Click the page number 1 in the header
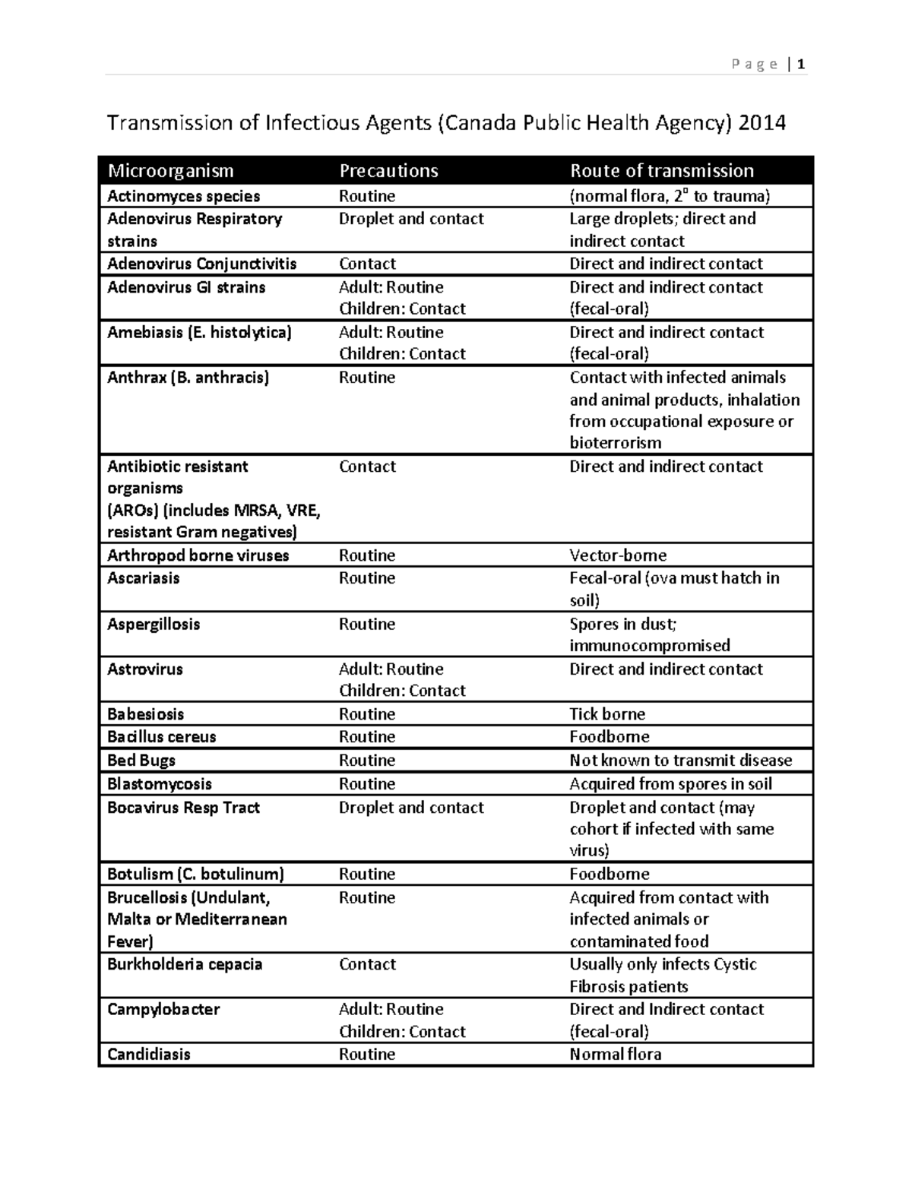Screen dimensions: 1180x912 (801, 65)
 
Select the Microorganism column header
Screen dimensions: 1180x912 (170, 170)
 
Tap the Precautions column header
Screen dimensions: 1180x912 (388, 170)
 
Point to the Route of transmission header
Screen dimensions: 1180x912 (661, 170)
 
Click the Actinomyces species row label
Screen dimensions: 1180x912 (183, 196)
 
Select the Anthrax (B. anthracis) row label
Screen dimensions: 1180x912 (188, 378)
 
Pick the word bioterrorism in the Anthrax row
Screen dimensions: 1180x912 (615, 443)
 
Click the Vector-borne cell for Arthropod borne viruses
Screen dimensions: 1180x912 (618, 555)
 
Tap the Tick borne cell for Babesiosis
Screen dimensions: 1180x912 (606, 714)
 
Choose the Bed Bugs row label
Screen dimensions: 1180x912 (141, 761)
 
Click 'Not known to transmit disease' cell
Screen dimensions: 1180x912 (680, 761)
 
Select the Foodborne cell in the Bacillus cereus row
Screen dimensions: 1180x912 (609, 737)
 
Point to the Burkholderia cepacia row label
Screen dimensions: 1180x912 (185, 964)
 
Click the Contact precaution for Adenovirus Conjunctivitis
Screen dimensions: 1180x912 (367, 264)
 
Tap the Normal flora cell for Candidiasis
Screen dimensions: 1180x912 (615, 1054)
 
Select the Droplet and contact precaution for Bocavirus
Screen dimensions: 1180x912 (410, 808)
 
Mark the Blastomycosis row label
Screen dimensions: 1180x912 (159, 784)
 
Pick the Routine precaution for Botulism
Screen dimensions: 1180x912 (366, 874)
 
